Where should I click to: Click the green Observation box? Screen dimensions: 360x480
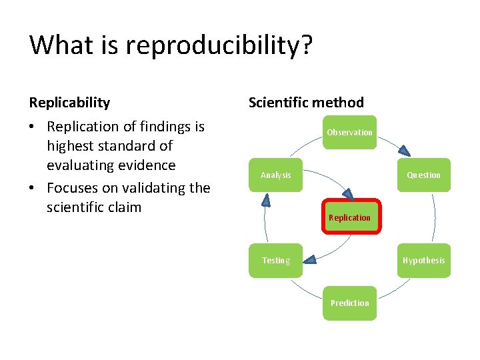(349, 132)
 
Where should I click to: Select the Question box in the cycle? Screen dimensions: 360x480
(423, 175)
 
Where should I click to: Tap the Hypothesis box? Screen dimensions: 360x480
(423, 260)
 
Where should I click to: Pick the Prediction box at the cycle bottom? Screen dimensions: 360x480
(349, 303)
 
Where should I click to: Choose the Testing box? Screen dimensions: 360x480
(275, 260)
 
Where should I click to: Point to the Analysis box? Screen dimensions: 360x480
(275, 175)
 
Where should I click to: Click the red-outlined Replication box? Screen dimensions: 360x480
(351, 217)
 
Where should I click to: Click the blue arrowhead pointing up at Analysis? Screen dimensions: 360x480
(265, 199)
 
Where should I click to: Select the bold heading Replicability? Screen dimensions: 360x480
(69, 103)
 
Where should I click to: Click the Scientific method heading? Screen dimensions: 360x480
(306, 103)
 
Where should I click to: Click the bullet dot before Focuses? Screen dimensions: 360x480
(33, 188)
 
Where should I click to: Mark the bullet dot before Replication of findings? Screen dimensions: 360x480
(33, 127)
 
